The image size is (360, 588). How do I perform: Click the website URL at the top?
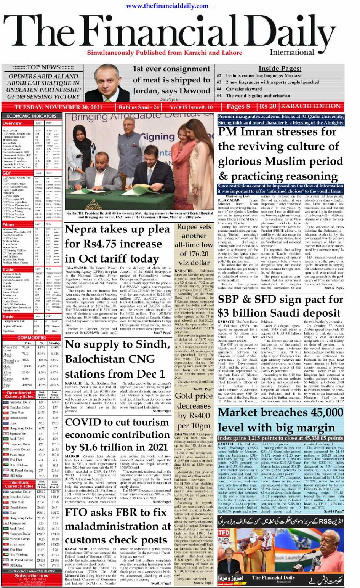tap(167, 6)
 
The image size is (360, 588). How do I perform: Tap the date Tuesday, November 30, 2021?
tap(58, 107)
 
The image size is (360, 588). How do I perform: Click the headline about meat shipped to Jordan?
tap(171, 80)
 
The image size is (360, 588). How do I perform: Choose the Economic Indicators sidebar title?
tap(32, 116)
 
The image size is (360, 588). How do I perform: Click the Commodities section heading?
tap(32, 338)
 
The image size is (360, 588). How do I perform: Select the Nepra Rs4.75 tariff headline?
tap(117, 244)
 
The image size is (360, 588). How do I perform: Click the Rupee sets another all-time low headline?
tap(194, 244)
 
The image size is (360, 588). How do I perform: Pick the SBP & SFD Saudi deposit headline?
tap(280, 306)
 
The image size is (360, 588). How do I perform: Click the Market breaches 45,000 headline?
tap(281, 420)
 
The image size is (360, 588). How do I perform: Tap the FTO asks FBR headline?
tap(118, 526)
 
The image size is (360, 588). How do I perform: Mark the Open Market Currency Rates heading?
tap(19, 394)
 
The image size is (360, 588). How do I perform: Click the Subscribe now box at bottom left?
tap(32, 576)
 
